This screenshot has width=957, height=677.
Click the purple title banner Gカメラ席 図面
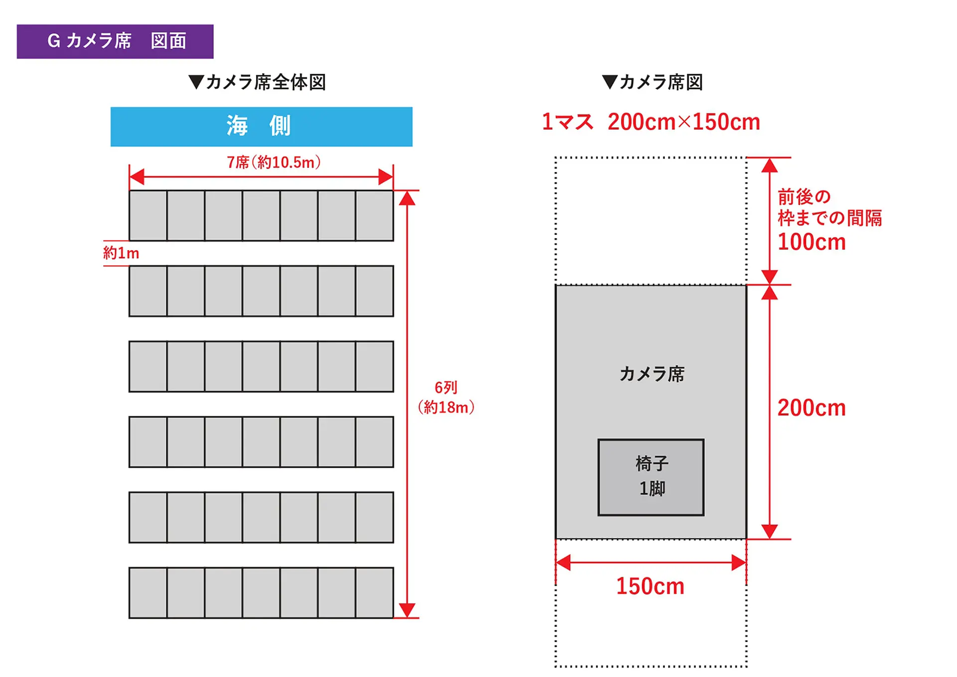click(x=115, y=41)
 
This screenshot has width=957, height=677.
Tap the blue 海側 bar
click(x=261, y=127)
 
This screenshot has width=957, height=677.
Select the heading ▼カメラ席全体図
click(x=257, y=82)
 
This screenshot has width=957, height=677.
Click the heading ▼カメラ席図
click(x=652, y=82)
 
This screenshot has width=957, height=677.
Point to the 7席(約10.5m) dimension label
click(x=274, y=163)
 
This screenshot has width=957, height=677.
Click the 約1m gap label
click(x=121, y=253)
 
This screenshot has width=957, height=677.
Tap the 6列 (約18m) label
click(x=446, y=398)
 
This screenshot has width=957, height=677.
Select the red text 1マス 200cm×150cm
click(x=651, y=122)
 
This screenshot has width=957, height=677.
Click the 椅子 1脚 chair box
click(x=651, y=477)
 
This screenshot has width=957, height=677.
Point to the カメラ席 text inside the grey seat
click(x=652, y=374)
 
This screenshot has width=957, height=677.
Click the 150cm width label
click(x=650, y=586)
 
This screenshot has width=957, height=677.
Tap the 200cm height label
click(x=811, y=408)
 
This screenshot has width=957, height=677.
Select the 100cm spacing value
click(x=811, y=242)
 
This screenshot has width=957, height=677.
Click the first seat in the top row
click(x=148, y=216)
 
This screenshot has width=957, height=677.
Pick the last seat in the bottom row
click(x=374, y=593)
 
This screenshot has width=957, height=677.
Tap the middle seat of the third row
click(x=261, y=366)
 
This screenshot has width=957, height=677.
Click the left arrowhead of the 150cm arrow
click(x=563, y=563)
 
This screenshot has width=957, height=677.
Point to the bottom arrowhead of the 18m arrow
click(x=407, y=610)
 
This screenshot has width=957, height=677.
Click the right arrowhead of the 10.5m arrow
click(x=386, y=177)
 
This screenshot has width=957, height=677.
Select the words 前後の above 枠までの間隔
click(x=804, y=197)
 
